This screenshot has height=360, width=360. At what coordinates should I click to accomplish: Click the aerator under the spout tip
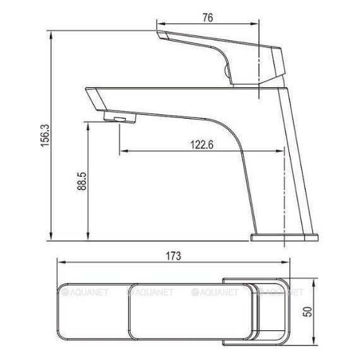[x=117, y=119]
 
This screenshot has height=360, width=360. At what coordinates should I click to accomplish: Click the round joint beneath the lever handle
[x=228, y=71]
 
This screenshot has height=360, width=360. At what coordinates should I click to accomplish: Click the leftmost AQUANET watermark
[x=88, y=292]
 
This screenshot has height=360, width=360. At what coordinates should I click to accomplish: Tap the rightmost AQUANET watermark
[x=282, y=292]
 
